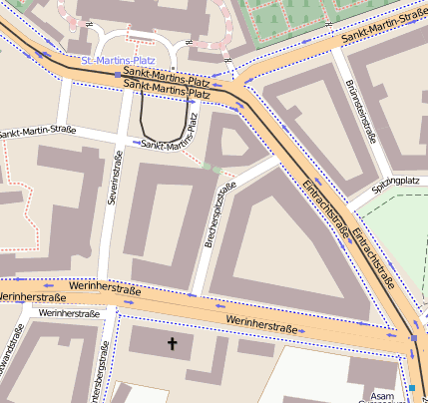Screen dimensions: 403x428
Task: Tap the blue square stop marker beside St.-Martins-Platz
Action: click(x=118, y=75)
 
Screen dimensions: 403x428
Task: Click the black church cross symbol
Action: click(x=172, y=344)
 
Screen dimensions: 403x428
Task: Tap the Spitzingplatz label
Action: click(x=395, y=182)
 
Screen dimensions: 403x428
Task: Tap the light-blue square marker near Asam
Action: click(x=411, y=387)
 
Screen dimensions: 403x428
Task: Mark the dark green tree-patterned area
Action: click(x=284, y=22)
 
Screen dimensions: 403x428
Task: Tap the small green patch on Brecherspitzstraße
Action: click(x=212, y=167)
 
